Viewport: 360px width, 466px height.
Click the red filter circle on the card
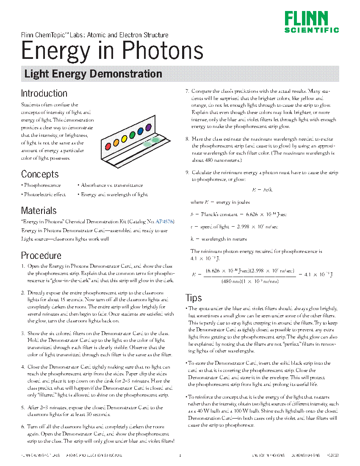108,146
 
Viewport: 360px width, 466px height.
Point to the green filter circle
132,135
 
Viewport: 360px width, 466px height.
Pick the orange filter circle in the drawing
116,142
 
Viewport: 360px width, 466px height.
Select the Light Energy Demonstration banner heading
93,74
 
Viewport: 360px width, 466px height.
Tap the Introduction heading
44,93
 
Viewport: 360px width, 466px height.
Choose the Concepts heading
40,174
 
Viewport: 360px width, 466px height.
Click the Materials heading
39,211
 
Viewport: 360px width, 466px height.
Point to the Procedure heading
41,255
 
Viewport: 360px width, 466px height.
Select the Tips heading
194,297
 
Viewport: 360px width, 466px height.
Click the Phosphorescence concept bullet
42,185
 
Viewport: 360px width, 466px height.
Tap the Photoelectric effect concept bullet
44,194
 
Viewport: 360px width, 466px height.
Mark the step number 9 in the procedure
187,172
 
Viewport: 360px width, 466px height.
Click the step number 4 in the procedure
23,366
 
